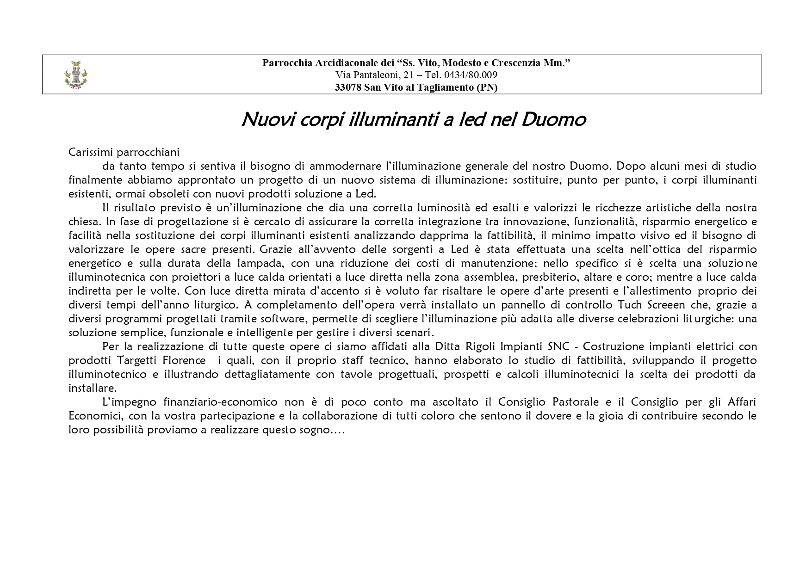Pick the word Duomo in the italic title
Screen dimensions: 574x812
[x=553, y=120]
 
